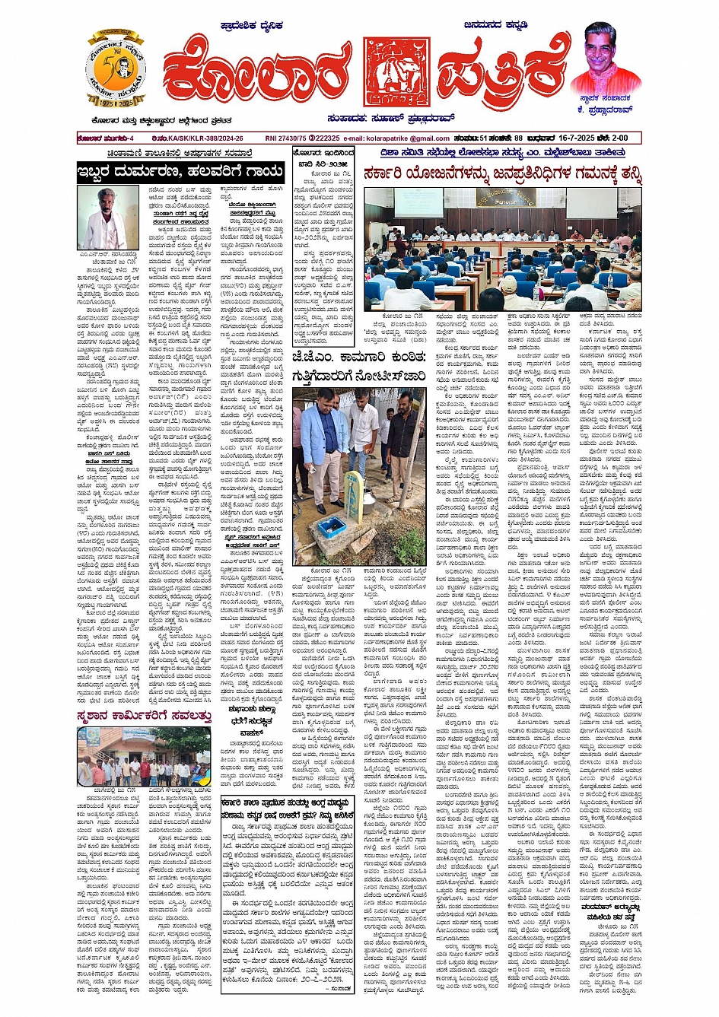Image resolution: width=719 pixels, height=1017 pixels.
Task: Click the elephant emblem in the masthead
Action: (391, 71)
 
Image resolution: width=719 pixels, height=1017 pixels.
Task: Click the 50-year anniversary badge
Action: (116, 69)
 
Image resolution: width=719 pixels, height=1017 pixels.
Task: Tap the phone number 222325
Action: (326, 138)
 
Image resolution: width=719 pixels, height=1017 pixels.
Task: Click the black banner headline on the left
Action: (180, 173)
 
